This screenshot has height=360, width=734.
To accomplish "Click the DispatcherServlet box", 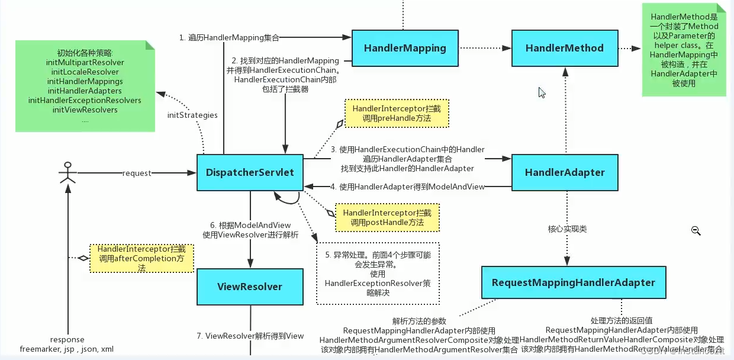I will click(x=250, y=173).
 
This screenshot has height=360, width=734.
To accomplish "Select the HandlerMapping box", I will click(x=405, y=47).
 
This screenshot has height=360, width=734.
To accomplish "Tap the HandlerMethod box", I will click(x=565, y=47).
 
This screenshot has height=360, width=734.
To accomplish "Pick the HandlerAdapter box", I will click(x=565, y=172).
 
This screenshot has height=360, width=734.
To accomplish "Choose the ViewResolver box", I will click(x=250, y=287).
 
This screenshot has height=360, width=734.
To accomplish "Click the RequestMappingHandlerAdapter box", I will click(x=573, y=282).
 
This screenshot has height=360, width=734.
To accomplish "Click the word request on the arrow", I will click(x=137, y=173).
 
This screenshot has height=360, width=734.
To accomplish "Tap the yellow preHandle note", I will click(x=396, y=114).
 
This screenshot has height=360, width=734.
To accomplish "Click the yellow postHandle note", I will click(x=387, y=217).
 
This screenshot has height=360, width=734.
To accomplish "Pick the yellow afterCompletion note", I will click(x=142, y=258).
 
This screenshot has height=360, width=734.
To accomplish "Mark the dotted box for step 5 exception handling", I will click(x=378, y=274).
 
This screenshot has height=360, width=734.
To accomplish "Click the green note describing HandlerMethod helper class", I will click(x=684, y=50).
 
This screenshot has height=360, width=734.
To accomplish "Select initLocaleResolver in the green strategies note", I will click(x=85, y=72).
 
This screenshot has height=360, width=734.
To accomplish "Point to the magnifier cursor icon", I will click(x=696, y=232).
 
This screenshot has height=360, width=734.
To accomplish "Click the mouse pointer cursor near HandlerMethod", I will click(x=542, y=92).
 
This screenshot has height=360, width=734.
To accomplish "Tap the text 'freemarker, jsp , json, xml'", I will click(x=66, y=349).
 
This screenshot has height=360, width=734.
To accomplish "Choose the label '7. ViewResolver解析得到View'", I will click(x=250, y=336).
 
